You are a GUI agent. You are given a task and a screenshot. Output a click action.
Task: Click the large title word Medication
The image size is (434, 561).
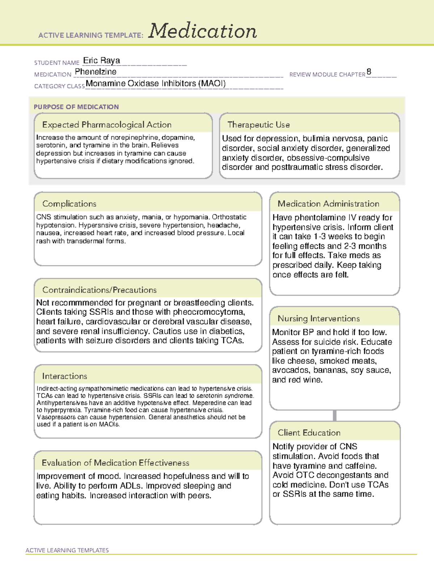tap(202, 31)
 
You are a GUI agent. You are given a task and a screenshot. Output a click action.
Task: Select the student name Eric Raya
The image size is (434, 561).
tap(101, 60)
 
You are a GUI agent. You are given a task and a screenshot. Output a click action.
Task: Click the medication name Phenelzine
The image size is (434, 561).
tap(95, 72)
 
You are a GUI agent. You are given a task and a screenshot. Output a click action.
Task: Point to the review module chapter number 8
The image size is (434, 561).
tap(369, 72)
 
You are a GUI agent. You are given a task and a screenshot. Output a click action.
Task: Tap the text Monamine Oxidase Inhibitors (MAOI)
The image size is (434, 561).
tap(156, 83)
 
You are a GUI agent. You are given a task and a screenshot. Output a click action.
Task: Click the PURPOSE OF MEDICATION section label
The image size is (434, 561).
tap(76, 107)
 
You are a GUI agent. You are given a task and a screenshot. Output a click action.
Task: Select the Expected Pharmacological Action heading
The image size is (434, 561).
tap(107, 125)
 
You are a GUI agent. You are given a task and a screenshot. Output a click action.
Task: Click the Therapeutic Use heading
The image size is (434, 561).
tap(258, 125)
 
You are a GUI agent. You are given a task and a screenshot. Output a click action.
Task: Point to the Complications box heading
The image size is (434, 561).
tap(69, 204)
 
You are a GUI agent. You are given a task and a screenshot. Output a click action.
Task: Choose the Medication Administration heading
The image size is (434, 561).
tap(328, 204)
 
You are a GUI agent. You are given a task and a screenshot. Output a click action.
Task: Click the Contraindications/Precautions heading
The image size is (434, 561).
tap(99, 290)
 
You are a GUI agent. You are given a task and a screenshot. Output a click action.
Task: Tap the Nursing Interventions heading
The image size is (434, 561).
tap(318, 318)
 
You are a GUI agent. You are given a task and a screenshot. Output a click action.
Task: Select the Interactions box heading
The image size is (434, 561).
tap(64, 376)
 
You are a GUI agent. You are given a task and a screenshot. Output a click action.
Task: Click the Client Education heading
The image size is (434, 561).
tap(309, 432)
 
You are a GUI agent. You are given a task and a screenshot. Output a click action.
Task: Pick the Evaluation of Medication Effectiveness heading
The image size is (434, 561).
tap(115, 463)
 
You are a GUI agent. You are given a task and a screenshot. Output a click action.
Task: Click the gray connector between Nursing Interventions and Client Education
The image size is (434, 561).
tap(335, 415)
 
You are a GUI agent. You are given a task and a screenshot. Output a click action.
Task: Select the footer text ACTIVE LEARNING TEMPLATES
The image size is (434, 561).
tap(67, 550)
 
